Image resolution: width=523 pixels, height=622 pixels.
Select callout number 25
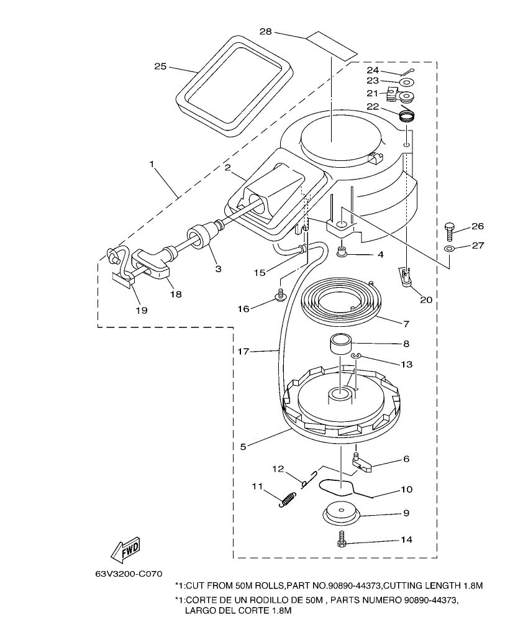click(x=160, y=66)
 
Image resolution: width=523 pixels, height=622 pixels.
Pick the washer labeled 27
click(x=449, y=249)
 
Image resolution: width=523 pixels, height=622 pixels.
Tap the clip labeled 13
click(x=355, y=355)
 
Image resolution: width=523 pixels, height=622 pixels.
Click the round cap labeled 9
click(x=342, y=513)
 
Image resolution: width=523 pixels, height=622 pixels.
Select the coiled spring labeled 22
click(x=406, y=116)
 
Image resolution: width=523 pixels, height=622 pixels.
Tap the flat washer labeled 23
click(x=406, y=82)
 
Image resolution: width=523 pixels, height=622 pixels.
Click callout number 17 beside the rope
click(x=243, y=352)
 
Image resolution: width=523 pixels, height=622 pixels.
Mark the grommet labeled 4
click(x=341, y=252)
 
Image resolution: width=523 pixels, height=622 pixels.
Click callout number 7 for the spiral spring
click(x=406, y=323)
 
